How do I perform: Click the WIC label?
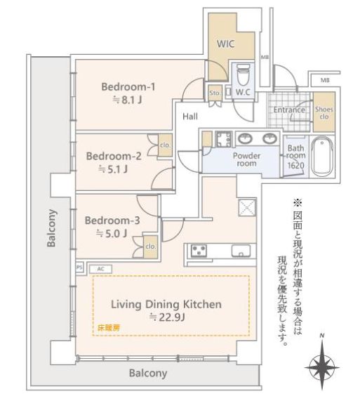(225, 44)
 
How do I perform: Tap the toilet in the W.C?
(244, 74)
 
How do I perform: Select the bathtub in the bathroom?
(322, 156)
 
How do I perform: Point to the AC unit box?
(100, 269)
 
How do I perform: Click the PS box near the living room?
(79, 268)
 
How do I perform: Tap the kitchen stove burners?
(199, 251)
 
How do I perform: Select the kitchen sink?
(241, 251)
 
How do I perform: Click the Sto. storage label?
(215, 93)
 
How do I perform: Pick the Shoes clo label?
(324, 113)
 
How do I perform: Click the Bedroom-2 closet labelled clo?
(165, 145)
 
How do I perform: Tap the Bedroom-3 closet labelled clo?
(151, 246)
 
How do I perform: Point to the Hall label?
(190, 117)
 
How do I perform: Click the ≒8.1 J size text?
(127, 100)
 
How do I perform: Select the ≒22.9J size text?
(167, 317)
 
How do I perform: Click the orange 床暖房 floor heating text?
(109, 328)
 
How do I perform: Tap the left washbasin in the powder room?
(245, 138)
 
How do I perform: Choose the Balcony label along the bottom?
(148, 373)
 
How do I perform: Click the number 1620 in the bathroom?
(295, 166)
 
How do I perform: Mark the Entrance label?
(289, 110)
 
